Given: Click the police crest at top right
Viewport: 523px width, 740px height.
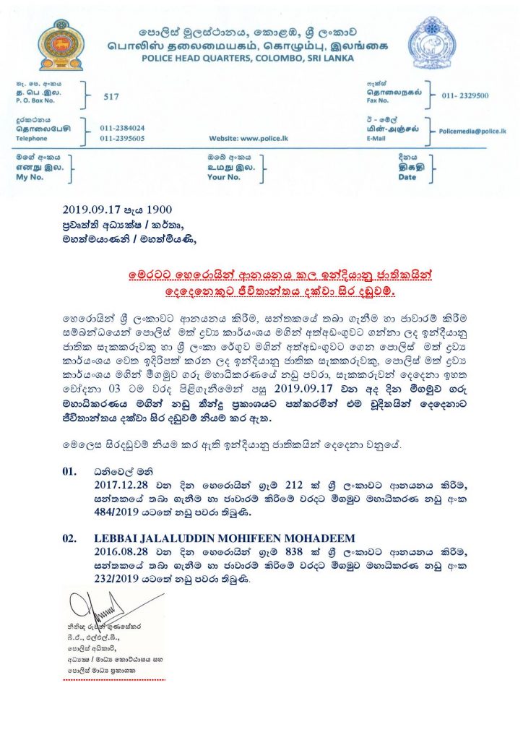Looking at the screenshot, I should click(433, 43).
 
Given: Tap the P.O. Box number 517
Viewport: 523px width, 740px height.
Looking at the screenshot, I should click(111, 96).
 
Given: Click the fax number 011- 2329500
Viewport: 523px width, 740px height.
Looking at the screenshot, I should click(465, 95).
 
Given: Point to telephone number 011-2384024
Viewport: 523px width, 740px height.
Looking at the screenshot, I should click(122, 127).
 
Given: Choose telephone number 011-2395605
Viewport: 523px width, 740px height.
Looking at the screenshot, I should click(122, 137).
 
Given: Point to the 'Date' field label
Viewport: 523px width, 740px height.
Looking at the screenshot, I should click(407, 177).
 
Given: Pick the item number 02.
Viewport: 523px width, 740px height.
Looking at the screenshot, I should click(69, 538).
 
